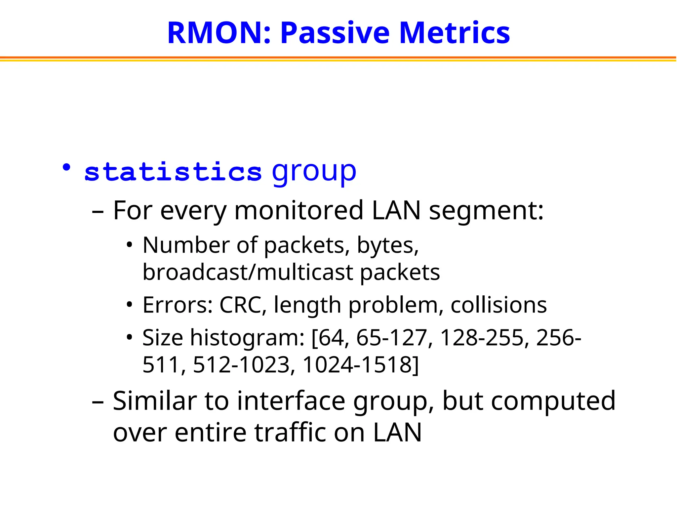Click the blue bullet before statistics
(x=67, y=168)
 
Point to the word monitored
(x=299, y=211)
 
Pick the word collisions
(x=498, y=305)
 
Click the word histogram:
(x=247, y=338)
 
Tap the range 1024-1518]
(x=361, y=365)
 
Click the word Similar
(x=154, y=401)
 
